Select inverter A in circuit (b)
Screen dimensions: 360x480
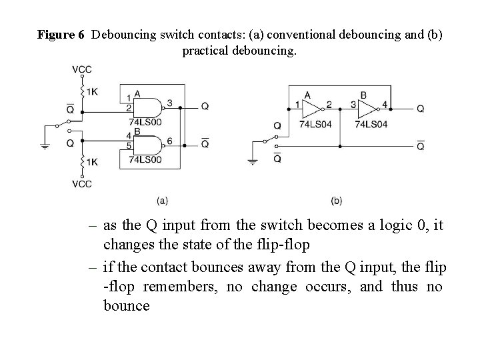point(311,108)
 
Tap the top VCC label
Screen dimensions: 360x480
point(82,69)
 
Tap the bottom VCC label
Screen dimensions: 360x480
point(82,184)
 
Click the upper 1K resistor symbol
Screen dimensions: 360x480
point(82,90)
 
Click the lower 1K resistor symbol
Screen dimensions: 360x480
point(82,161)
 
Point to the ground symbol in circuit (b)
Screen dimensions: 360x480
point(253,161)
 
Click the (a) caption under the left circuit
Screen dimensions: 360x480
point(162,199)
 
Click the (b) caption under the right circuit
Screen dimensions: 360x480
point(337,200)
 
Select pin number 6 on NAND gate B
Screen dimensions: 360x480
point(170,140)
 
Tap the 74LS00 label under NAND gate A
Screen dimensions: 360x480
point(145,121)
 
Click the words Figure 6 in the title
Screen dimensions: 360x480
point(61,34)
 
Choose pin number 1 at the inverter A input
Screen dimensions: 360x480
point(297,105)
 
